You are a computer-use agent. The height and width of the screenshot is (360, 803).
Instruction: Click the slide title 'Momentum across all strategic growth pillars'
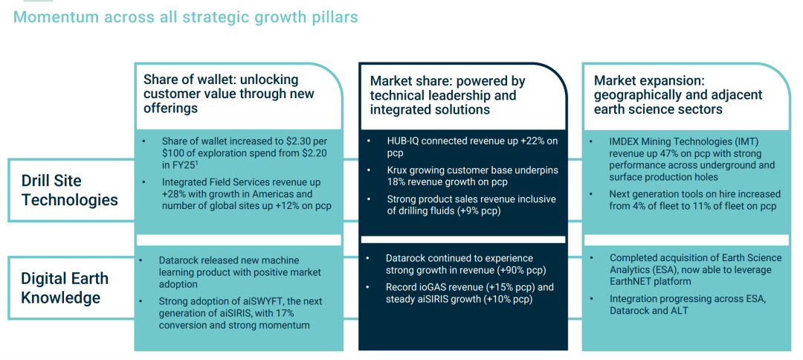[185, 17]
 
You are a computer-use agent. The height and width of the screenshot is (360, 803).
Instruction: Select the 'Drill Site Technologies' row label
[70, 190]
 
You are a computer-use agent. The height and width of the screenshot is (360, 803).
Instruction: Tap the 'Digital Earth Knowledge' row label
[65, 288]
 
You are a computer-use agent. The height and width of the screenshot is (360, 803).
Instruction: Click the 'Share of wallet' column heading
[229, 94]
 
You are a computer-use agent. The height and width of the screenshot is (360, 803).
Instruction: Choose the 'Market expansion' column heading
[679, 94]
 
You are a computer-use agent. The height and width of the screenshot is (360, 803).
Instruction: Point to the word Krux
[397, 170]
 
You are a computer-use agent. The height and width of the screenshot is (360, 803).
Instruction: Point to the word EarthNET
[632, 281]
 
